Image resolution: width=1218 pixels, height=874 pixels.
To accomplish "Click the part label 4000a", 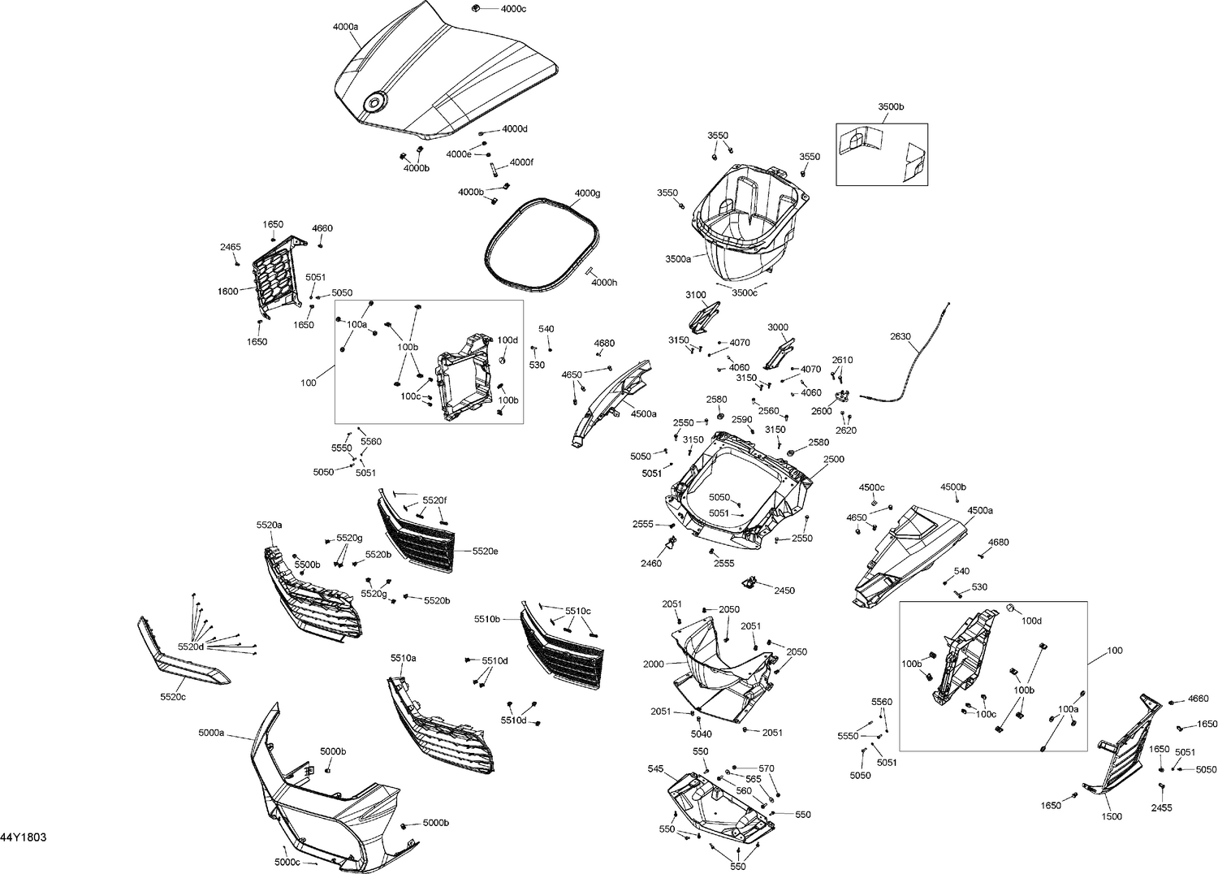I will click(x=345, y=27).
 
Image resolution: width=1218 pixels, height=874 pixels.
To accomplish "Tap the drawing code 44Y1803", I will click(x=23, y=837).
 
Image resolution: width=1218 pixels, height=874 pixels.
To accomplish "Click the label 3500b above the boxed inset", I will click(x=890, y=107).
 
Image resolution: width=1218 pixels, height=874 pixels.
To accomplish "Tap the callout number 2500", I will click(x=833, y=459).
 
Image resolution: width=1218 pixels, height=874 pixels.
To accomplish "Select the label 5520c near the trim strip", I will click(x=173, y=697).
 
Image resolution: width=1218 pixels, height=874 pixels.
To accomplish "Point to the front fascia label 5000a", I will click(x=211, y=733).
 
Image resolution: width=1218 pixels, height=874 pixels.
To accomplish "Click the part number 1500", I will click(x=1112, y=817).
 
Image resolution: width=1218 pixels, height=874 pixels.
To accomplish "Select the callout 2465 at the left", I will click(x=231, y=246).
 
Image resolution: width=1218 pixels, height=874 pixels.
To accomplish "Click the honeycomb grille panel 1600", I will click(x=276, y=276).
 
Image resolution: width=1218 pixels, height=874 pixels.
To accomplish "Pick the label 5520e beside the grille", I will click(x=485, y=551).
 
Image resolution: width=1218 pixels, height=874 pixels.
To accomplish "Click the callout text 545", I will click(x=655, y=768).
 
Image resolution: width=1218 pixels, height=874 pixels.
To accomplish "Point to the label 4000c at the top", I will click(x=513, y=9).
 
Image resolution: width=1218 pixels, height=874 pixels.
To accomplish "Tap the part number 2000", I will click(x=654, y=664).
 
